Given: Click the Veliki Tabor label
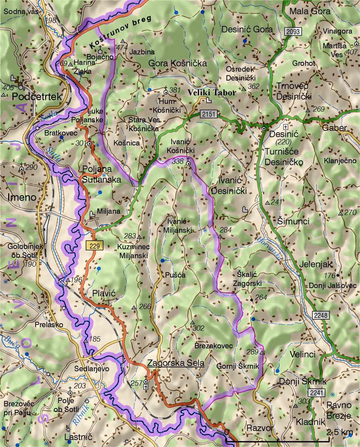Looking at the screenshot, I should (x=212, y=93).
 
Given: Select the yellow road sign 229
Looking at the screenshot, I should (x=94, y=245).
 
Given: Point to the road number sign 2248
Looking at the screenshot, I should (x=321, y=315).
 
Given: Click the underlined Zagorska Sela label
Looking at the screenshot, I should (x=176, y=363).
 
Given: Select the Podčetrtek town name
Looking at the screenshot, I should (x=37, y=97).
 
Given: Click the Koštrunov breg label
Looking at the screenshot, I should (x=120, y=32).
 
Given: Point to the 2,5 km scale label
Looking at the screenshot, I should (x=340, y=432).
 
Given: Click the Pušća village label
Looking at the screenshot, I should (x=175, y=275).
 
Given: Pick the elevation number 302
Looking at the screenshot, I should (x=198, y=328).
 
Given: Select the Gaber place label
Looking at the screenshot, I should (x=334, y=128).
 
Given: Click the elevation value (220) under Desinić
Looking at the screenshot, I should (x=284, y=142).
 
